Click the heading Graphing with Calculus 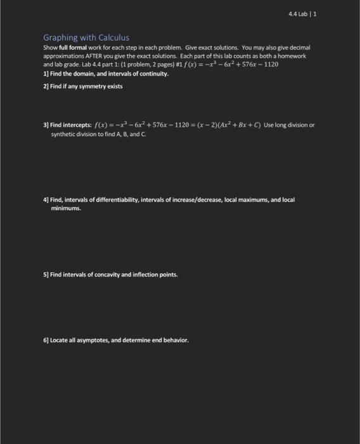pyautogui.click(x=86, y=37)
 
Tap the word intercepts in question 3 pyautogui.click(x=77, y=125)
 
